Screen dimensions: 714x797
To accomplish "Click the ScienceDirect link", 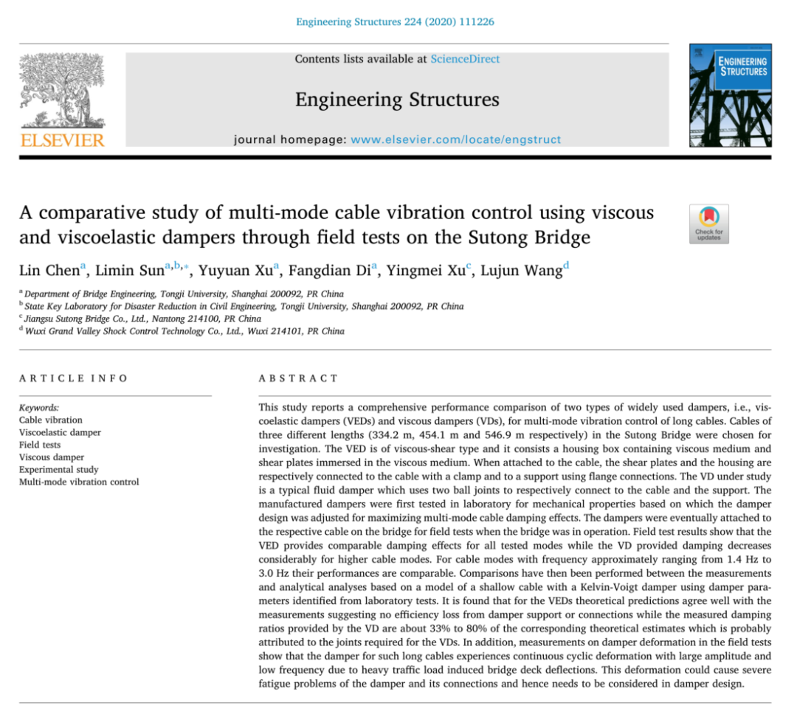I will (465, 59).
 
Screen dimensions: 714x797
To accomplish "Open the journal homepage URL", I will (455, 139).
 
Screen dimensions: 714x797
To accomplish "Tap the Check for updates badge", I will (708, 223).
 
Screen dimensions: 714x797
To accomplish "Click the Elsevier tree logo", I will (62, 90).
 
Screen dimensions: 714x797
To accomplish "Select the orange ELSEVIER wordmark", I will (62, 139).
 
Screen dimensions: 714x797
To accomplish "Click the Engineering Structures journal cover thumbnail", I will (729, 95).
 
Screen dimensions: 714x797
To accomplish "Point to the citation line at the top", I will (395, 22).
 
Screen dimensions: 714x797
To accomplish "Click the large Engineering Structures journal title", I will (397, 100).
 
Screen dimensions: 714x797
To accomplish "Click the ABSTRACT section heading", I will (298, 378).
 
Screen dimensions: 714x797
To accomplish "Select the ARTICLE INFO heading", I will (73, 378).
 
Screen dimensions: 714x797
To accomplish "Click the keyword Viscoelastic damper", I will (60, 432).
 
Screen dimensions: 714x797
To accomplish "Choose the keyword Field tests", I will (40, 445).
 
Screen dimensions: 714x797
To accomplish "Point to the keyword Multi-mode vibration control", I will (79, 482).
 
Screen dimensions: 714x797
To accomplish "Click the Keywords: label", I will (39, 407).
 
